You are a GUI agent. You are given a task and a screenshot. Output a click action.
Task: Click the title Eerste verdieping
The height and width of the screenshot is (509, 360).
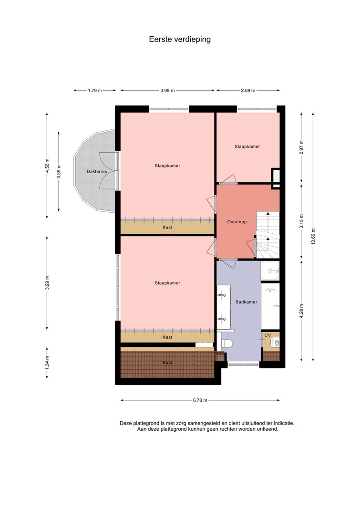click(x=180, y=39)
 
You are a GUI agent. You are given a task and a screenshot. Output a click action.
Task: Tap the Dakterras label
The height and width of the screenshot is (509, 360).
click(x=97, y=171)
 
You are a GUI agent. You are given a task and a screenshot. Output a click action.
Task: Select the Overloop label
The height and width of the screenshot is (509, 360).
click(x=237, y=222)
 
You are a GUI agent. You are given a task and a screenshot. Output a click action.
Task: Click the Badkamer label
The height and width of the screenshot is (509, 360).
click(x=246, y=302)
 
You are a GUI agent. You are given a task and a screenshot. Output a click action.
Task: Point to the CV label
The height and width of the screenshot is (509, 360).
click(x=267, y=335)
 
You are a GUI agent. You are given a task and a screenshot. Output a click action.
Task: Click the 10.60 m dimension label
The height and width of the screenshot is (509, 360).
click(x=313, y=237)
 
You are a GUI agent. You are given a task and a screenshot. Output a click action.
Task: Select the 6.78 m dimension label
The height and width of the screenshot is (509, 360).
click(x=200, y=400)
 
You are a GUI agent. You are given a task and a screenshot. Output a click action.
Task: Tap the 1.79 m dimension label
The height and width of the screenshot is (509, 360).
click(x=95, y=91)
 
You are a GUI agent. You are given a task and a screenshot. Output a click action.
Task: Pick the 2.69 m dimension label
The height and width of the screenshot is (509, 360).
click(x=248, y=91)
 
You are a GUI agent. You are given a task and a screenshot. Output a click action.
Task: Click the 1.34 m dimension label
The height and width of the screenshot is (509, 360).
click(x=47, y=363)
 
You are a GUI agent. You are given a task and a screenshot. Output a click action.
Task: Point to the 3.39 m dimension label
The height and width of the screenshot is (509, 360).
click(x=59, y=171)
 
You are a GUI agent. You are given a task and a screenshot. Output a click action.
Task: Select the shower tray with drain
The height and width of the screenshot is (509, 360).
click(x=270, y=270)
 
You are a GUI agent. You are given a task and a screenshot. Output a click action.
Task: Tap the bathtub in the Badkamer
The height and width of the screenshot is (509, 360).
click(x=270, y=306)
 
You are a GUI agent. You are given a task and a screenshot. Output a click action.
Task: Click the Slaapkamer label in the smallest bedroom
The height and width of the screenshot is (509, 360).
click(x=247, y=146)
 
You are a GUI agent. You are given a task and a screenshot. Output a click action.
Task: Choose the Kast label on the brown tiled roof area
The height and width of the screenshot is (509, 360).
click(x=167, y=363)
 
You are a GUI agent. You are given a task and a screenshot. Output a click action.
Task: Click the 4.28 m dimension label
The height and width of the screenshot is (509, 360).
click(x=301, y=311)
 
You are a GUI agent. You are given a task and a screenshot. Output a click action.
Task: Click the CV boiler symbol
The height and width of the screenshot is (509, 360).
click(x=275, y=342)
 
